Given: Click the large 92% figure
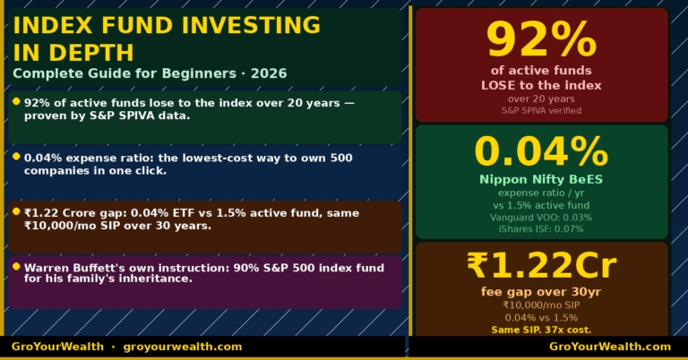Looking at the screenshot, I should (x=541, y=40).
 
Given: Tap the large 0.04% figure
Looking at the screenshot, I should (x=541, y=151).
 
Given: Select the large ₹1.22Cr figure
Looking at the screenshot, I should (x=541, y=266).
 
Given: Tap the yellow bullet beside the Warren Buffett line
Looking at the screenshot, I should (x=16, y=266).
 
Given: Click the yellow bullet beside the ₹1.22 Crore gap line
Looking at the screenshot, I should (x=16, y=210).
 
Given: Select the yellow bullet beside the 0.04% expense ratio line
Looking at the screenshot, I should (x=16, y=156).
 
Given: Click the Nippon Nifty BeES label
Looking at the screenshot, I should (x=541, y=179).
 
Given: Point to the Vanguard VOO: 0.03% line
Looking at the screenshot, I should (x=541, y=217).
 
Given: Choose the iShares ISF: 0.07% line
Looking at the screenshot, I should (x=541, y=228).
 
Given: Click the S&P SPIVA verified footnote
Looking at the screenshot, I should (x=541, y=110).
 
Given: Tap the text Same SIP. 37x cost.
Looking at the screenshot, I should (x=541, y=330).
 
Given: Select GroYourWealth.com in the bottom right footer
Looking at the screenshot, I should (x=609, y=347).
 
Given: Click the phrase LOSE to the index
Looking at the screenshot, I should (x=541, y=85).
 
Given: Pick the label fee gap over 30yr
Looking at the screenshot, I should (x=541, y=291).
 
